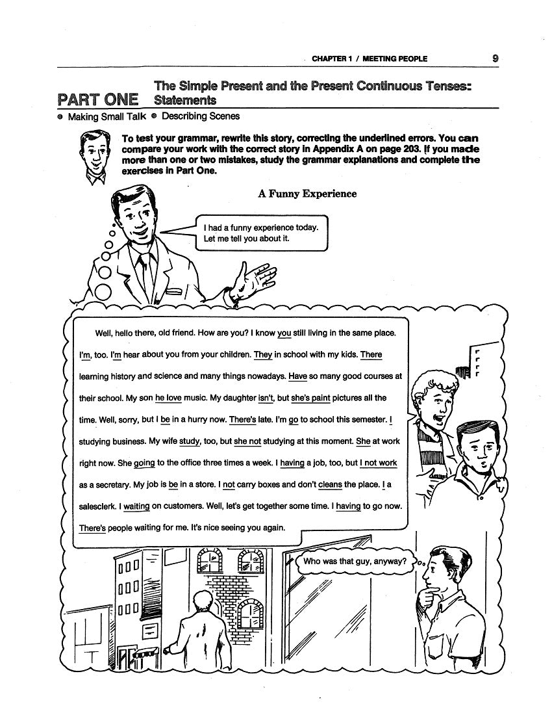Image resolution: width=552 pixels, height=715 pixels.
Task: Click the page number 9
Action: pos(495,58)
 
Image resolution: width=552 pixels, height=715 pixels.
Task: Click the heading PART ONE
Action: pos(97,99)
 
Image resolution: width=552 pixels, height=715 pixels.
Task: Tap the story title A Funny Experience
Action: pos(307,194)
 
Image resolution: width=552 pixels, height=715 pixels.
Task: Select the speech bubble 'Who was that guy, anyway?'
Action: pos(355,561)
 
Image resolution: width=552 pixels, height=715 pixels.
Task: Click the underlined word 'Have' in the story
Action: pos(297,376)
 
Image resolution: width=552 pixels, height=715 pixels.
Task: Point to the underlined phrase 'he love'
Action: pos(168,398)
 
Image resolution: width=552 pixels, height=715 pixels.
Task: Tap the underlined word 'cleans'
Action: pos(330,484)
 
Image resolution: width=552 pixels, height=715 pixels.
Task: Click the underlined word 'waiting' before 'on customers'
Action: pos(136,506)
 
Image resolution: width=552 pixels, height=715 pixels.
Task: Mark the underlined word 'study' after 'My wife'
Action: pos(189,441)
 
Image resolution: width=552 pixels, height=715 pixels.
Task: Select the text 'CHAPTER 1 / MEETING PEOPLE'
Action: pos(370,58)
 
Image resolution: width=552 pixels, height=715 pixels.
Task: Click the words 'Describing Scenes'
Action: pos(200,116)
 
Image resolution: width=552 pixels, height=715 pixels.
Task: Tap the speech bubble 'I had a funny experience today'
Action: pos(262,233)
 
